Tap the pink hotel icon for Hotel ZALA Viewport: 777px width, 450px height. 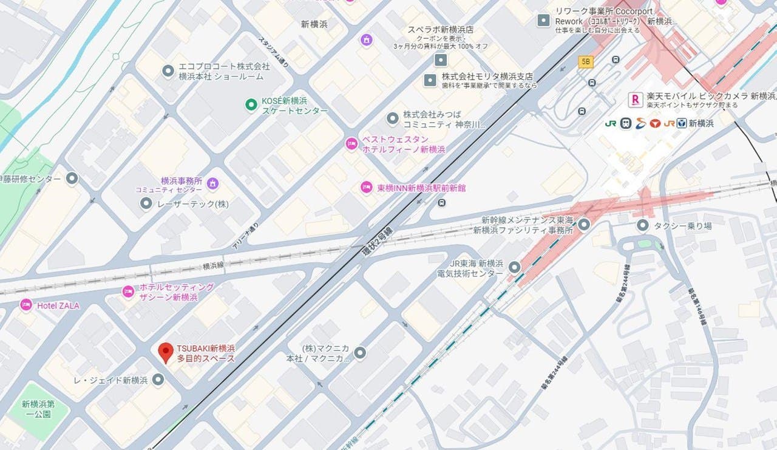pos(26,305)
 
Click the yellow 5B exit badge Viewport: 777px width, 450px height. pos(586,62)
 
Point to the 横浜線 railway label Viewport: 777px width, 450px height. pos(214,266)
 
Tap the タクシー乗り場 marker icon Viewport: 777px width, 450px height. pos(643,225)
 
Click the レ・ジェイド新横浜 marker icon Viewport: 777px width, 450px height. pos(158,380)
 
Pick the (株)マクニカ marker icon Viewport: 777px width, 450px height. pos(360,352)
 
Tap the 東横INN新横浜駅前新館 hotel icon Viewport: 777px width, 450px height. pos(366,188)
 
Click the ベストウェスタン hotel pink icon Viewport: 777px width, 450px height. pos(351,144)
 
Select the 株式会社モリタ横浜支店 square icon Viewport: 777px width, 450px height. pos(430,80)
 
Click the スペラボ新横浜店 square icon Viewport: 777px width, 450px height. pos(441,60)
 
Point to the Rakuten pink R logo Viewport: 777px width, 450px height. pos(636,99)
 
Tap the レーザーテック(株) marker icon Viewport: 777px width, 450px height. pos(146,203)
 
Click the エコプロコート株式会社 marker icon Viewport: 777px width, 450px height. pos(168,71)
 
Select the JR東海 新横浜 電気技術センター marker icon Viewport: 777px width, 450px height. pos(515,267)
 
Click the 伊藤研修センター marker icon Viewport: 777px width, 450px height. pos(72,179)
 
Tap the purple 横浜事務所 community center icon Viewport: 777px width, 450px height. pos(212,183)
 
